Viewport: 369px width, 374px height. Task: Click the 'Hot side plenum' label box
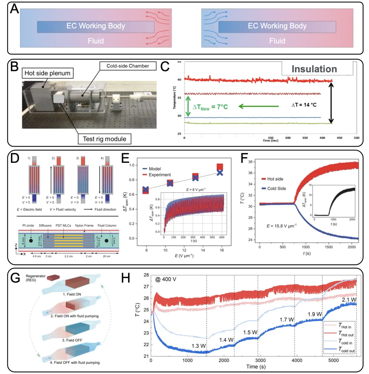point(47,73)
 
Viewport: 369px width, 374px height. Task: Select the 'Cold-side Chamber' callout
point(128,66)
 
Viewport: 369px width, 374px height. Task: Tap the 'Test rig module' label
point(104,139)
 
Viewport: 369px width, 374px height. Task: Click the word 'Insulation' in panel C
point(314,69)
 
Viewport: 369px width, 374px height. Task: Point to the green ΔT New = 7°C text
point(210,107)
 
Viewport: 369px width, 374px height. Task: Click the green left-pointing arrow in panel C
point(258,106)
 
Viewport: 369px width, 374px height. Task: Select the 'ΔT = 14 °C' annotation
point(304,105)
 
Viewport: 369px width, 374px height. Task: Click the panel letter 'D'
point(15,158)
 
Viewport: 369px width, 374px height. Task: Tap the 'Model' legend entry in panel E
point(155,169)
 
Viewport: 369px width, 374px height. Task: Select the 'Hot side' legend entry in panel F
point(275,179)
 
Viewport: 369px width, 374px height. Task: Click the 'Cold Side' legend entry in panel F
point(276,188)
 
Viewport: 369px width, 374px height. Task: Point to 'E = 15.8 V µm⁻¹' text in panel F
point(281,226)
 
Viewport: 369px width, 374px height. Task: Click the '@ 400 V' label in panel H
point(166,279)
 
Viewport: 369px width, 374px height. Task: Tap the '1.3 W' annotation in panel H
point(199,346)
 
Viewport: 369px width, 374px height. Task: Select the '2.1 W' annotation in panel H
point(349,300)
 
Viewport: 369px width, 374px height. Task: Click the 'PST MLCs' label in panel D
point(63,225)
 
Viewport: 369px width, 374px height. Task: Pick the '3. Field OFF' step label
point(72,340)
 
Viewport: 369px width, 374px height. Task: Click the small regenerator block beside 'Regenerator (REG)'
point(53,278)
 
